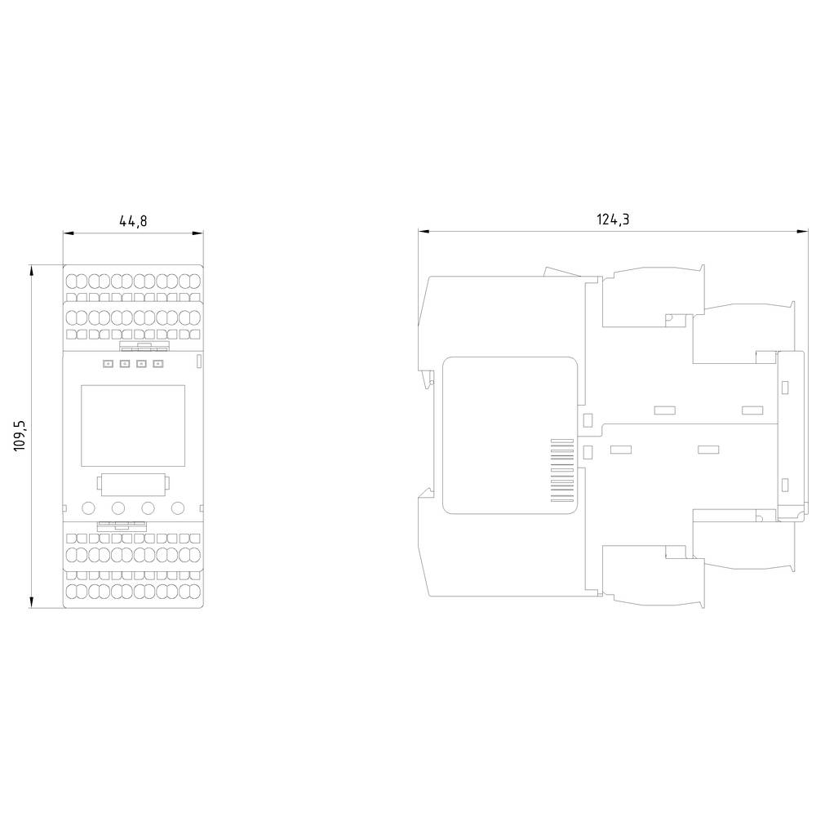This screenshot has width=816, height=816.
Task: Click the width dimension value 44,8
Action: [133, 221]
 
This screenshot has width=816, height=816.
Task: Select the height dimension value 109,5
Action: [20, 436]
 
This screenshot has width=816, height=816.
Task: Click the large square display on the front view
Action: [132, 424]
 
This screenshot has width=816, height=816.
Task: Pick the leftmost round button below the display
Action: [87, 508]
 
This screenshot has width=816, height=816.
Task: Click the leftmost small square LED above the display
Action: [108, 364]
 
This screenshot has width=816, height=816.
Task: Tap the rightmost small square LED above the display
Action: [158, 364]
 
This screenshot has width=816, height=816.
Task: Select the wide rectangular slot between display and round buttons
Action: [133, 483]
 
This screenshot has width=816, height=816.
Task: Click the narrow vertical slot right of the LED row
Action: [199, 361]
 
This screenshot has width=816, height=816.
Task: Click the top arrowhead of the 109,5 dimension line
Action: [31, 268]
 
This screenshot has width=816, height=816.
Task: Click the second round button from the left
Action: [118, 508]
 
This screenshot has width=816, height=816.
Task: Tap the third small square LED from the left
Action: [141, 364]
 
